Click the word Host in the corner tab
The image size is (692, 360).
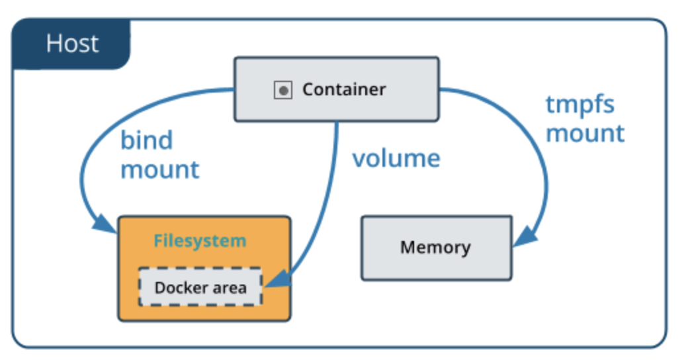72,44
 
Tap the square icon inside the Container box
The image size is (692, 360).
283,90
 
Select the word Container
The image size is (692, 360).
344,89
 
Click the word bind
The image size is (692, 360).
146,140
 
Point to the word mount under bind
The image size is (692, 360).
159,169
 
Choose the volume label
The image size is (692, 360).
396,158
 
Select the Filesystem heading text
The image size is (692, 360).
200,240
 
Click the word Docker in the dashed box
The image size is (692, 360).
176,287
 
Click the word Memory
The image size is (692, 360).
435,247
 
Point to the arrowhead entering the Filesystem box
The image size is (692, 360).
106,224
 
